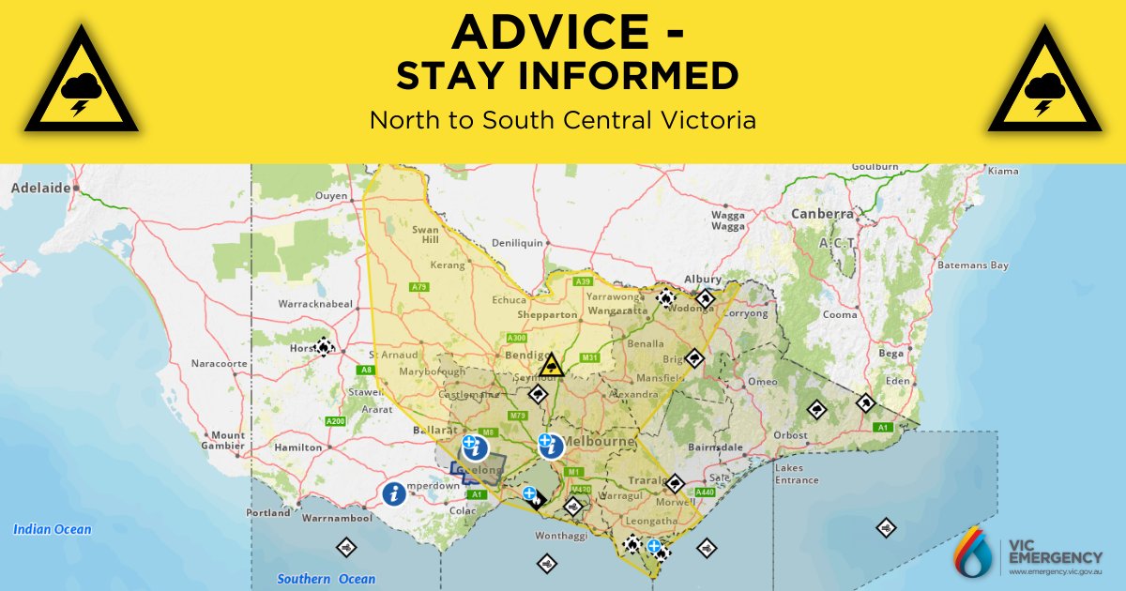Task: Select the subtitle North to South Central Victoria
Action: click(x=562, y=121)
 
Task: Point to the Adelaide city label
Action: click(x=40, y=188)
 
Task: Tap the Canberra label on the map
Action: click(x=822, y=214)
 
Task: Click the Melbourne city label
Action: click(x=600, y=441)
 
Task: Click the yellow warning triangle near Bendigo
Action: click(x=553, y=364)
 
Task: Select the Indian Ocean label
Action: click(x=53, y=530)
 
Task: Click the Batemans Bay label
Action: click(x=972, y=265)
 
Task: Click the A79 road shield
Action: click(x=418, y=287)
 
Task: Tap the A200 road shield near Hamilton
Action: click(x=335, y=422)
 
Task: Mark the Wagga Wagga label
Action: click(x=728, y=220)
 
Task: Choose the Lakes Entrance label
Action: click(x=797, y=474)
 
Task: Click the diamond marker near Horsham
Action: click(x=324, y=346)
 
